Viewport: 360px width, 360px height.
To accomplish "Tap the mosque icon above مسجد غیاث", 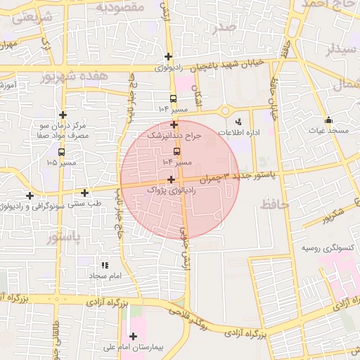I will (x=328, y=119).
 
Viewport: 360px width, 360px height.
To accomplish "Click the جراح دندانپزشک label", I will (x=174, y=134).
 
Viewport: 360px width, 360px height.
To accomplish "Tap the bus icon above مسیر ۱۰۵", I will (x=62, y=151).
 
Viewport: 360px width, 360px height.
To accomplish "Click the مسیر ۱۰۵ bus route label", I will (x=62, y=163).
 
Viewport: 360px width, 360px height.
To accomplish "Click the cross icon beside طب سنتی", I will (x=85, y=193).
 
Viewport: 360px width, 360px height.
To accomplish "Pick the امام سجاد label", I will (x=105, y=276).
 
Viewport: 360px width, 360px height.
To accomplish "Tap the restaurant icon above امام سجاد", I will (x=105, y=265).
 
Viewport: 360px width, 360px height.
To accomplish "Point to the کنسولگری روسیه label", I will (x=327, y=248).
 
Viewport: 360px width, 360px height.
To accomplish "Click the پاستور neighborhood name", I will (x=64, y=238).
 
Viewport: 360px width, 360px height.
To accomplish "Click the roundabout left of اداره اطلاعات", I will (x=225, y=110).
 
